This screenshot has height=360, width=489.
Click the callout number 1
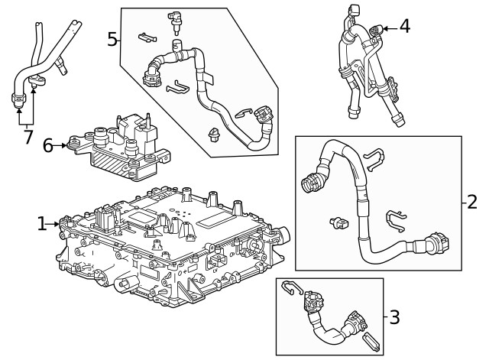click(41, 223)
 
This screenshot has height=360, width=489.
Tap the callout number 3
click(394, 316)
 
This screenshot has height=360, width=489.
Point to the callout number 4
click(405, 27)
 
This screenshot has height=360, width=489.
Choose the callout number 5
click(112, 38)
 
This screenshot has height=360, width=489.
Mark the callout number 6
click(48, 144)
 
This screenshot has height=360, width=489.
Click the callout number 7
click(28, 138)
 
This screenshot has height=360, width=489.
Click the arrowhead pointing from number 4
click(384, 28)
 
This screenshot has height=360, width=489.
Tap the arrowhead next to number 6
click(63, 144)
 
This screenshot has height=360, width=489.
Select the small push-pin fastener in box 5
click(214, 136)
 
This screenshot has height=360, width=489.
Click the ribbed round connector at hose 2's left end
click(313, 182)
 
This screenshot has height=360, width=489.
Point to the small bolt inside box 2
click(338, 222)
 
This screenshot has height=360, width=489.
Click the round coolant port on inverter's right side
click(284, 231)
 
